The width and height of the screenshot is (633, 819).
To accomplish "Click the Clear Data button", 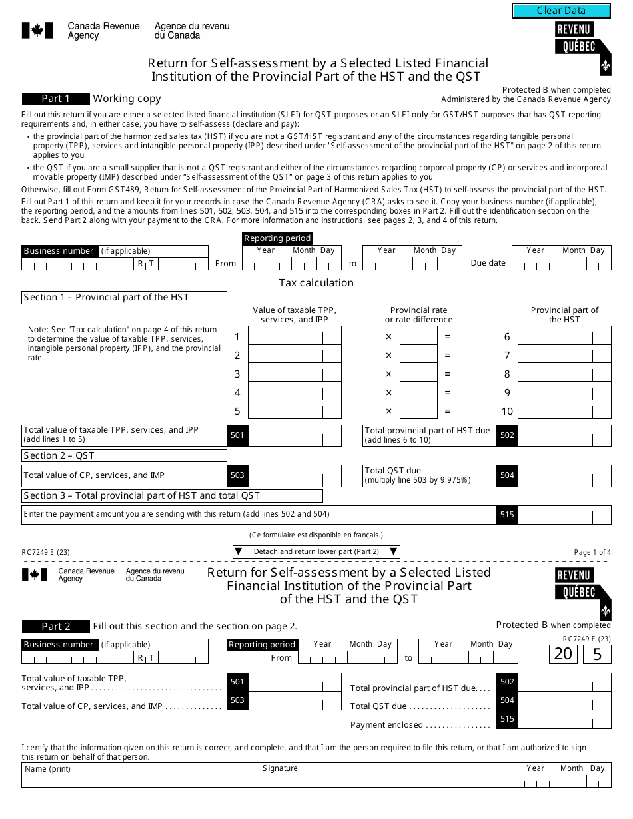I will pos(561,11).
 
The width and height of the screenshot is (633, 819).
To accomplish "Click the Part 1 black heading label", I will pos(55,99).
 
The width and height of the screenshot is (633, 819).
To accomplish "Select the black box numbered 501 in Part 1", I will pos(237,435).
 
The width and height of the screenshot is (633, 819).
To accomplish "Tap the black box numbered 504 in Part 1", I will pos(507,475).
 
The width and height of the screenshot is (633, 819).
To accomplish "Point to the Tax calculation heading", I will pos(316,283).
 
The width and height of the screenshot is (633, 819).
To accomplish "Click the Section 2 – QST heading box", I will pos(124,456).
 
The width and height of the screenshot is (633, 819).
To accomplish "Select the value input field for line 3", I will pos(294,374).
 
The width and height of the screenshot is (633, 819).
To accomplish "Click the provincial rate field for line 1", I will pos(418,336).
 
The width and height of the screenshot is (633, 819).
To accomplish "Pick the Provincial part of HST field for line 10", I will pos(564,411).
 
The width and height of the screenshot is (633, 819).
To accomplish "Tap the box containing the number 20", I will pos(563,654).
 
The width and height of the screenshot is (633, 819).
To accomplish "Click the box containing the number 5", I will pos(597,654).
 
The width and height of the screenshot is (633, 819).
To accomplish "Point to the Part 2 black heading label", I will pos(55,626).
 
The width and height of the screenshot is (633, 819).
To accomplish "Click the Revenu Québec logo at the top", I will pos(582,47).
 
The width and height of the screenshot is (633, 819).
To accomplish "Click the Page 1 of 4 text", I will pos(592,552).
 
